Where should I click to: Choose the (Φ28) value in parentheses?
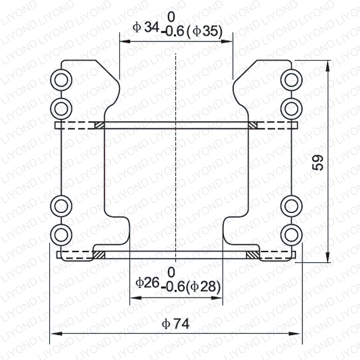pos(204,287)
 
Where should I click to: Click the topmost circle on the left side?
pos(61,79)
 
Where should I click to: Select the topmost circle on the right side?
pos(291,79)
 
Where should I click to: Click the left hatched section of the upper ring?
pos(99,125)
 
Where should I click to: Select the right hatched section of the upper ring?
pos(253,125)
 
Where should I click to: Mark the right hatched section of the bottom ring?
pos(254,255)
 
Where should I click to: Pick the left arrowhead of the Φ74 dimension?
pos(54,334)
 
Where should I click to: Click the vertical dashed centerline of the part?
pos(176,180)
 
